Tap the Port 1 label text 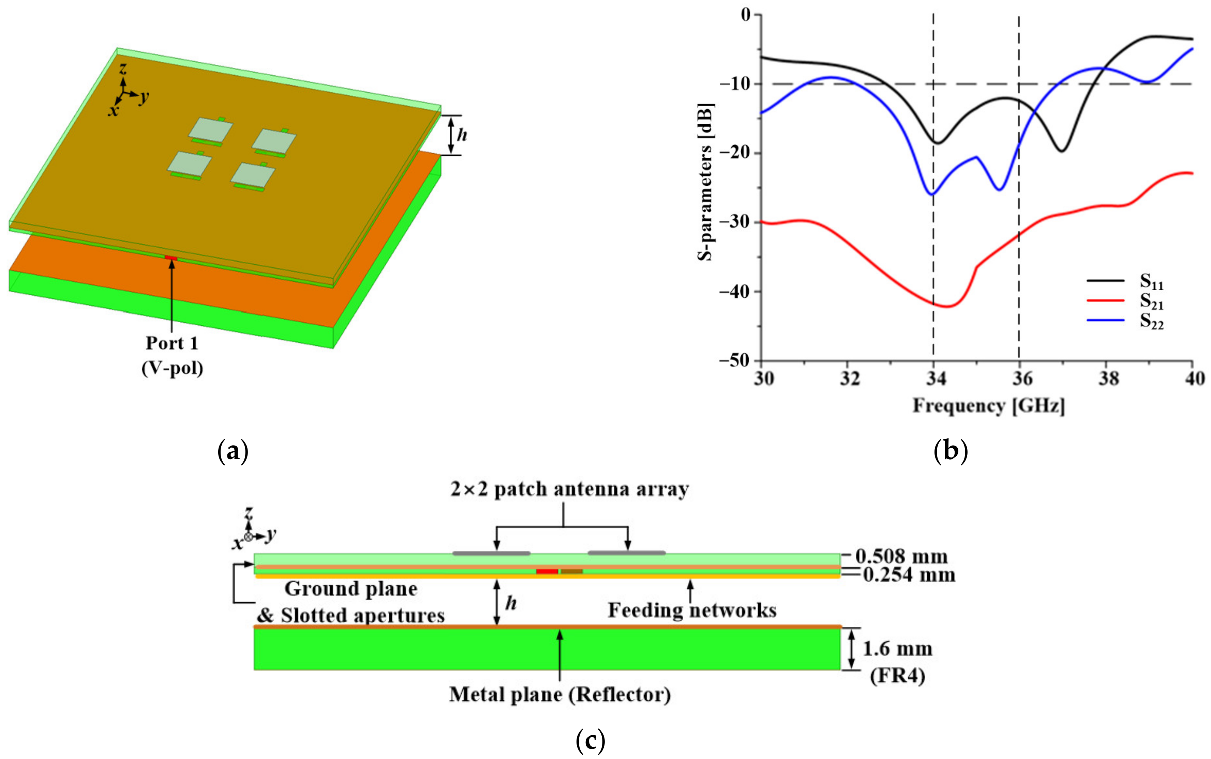(172, 343)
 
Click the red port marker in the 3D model (171, 258)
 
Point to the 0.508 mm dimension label (901, 556)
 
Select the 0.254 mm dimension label (909, 575)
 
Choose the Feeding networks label (692, 610)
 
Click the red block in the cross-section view (547, 572)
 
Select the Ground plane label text (350, 589)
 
